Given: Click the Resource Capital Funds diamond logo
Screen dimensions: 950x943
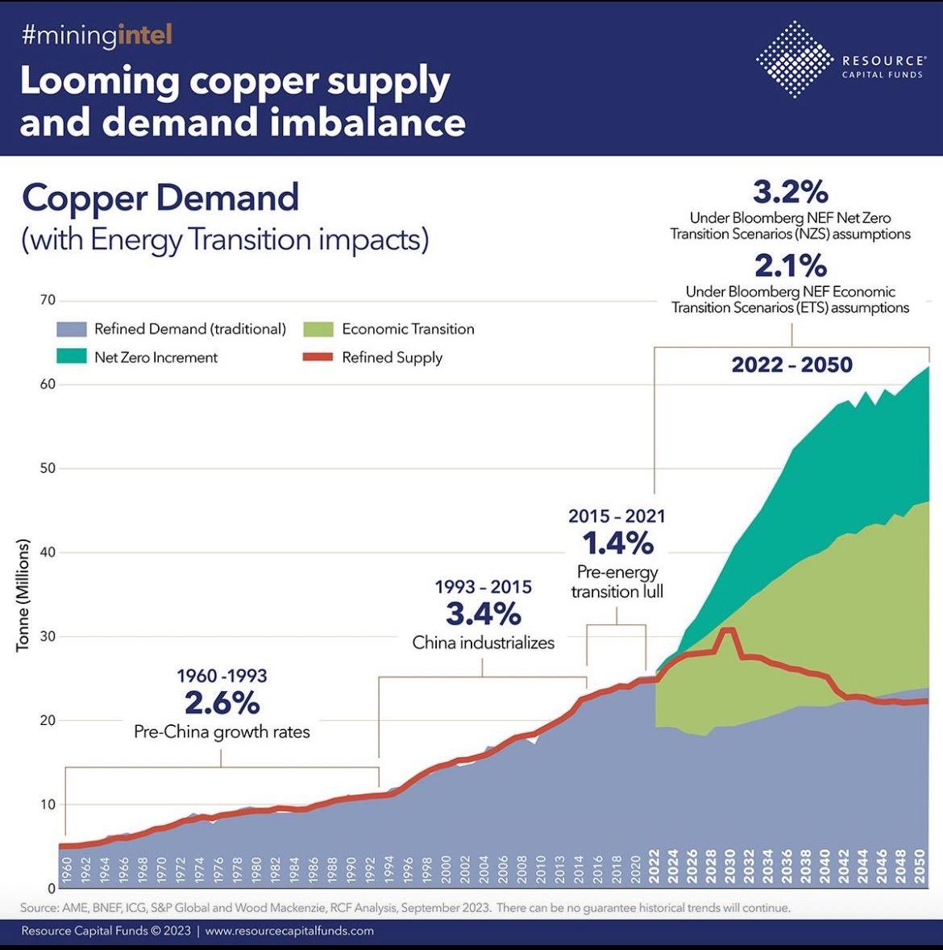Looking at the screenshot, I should tap(794, 60).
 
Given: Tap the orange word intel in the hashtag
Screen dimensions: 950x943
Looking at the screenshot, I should tap(144, 35).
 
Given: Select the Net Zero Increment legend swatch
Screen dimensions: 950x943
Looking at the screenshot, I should tap(71, 356).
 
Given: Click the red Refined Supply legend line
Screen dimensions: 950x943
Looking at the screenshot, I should tap(318, 357).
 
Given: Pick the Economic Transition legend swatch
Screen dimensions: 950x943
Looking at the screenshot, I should tap(318, 329).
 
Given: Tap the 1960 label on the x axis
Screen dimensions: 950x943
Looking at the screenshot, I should tap(66, 872).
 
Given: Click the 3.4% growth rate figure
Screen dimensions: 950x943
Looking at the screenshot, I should tap(483, 615).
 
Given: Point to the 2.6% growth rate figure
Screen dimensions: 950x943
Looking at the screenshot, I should tap(222, 703).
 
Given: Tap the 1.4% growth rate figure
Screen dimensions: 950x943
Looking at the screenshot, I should tap(617, 544).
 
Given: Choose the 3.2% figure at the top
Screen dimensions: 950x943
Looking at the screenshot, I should tap(790, 192).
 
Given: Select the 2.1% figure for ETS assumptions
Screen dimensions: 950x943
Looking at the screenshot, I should tap(790, 265).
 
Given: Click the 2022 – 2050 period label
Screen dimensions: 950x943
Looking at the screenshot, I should tap(791, 365).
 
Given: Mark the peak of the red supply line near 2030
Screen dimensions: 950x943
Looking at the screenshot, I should tap(728, 630).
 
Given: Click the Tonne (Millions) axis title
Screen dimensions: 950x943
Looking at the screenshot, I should tap(23, 595).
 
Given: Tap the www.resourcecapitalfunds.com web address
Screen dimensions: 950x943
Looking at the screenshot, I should tap(289, 931).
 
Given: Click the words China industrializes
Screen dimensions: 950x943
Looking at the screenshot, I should tap(483, 643).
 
